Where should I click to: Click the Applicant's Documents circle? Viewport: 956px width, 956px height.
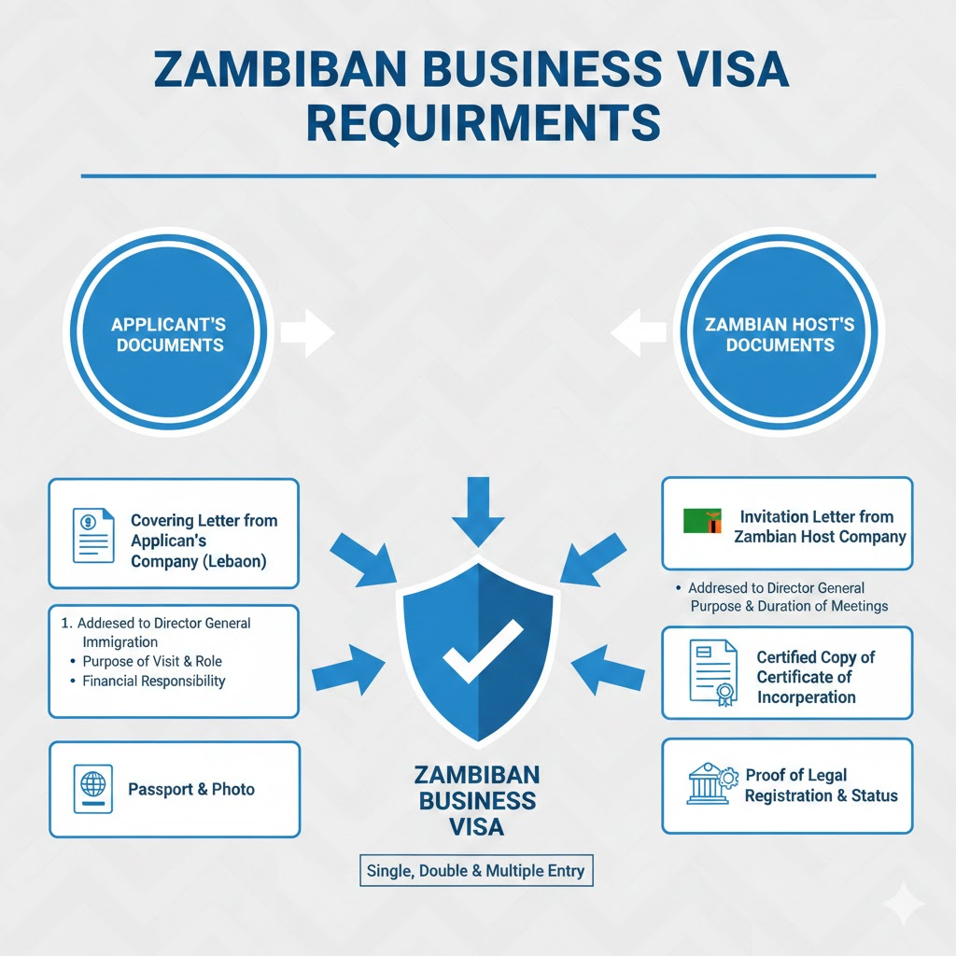tap(168, 335)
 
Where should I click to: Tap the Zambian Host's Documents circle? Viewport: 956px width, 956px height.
tap(780, 335)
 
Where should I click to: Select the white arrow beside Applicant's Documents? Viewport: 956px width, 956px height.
tap(307, 333)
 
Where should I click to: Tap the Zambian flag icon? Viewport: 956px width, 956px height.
tap(702, 521)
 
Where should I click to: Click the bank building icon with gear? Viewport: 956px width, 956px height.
tap(710, 784)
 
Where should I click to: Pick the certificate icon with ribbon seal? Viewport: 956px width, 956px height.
tap(712, 671)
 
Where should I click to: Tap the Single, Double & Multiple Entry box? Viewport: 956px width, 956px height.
tap(476, 870)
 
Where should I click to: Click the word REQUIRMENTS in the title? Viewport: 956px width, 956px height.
tap(483, 124)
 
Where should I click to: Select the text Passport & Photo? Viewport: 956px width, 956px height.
tap(191, 790)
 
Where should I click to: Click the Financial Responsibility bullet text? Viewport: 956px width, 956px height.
tap(154, 682)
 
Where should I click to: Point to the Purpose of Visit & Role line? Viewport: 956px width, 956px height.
tap(152, 662)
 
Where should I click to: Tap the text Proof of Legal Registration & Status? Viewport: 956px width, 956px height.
tap(821, 786)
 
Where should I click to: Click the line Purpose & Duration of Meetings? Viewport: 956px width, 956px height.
tap(789, 606)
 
